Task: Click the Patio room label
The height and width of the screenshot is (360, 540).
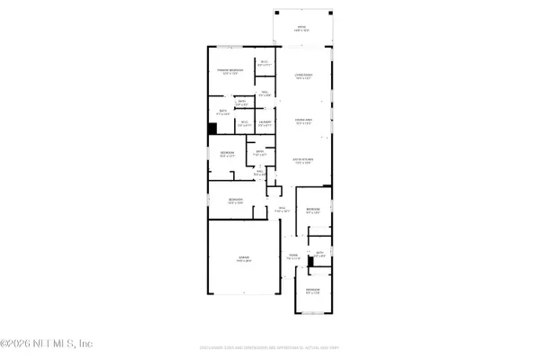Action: (302, 28)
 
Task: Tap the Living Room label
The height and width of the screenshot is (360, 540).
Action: (303, 76)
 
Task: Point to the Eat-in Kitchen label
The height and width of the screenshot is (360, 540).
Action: (303, 162)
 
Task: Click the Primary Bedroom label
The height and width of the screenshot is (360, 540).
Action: (229, 71)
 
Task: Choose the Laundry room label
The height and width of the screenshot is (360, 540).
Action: (265, 122)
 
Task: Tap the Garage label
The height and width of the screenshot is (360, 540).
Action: (243, 258)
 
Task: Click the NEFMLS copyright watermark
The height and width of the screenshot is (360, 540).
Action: (47, 343)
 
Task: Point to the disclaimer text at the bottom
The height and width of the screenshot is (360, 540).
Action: (269, 346)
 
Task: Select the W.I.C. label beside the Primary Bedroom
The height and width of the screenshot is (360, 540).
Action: (265, 63)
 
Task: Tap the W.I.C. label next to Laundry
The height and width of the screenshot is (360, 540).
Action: (245, 122)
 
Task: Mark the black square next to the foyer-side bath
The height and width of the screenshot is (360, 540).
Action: (310, 262)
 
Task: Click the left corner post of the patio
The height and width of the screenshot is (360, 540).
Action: (275, 13)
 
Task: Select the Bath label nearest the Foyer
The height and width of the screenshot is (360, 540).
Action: (319, 255)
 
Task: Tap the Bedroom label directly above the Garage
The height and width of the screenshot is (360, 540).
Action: (235, 200)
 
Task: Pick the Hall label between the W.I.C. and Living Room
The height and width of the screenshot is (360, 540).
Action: (265, 93)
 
